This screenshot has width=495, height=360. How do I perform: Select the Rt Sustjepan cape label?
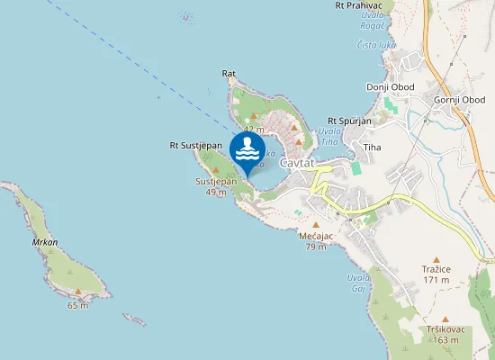[x=195, y=145]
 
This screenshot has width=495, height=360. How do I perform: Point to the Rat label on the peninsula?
[x=229, y=73]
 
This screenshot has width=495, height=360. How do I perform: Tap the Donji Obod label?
[x=390, y=86]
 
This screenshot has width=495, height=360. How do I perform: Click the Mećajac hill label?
[x=316, y=236]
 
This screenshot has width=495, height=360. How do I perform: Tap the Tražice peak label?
[x=436, y=269]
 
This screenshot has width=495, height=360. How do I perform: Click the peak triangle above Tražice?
[x=436, y=257]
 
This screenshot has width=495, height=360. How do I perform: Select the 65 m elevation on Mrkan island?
[x=78, y=305]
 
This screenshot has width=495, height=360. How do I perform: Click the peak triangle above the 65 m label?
[x=78, y=292]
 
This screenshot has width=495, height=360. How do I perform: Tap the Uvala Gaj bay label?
[x=358, y=283]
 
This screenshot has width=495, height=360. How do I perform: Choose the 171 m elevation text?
[x=436, y=280]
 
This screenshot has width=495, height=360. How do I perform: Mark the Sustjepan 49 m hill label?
[x=216, y=186]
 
